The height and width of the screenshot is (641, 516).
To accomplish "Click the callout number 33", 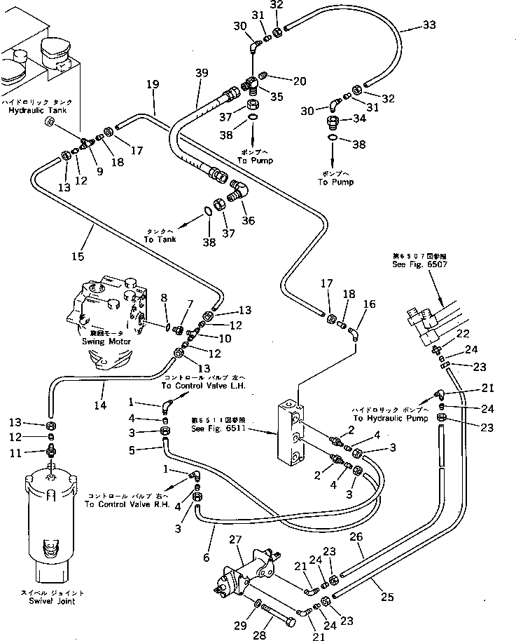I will click(428, 26).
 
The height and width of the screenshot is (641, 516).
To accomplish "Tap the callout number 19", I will click(153, 85).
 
